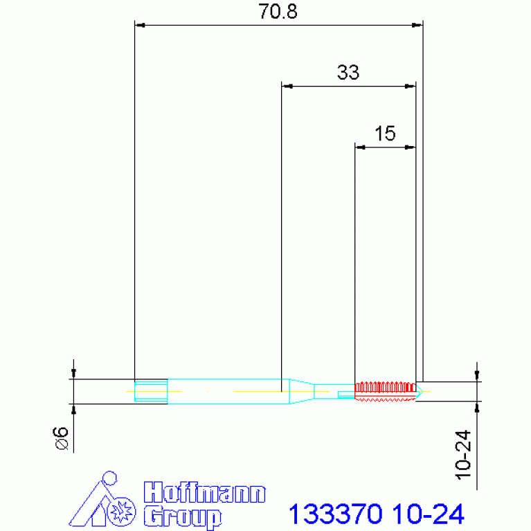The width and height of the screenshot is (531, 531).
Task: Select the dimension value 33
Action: point(348,73)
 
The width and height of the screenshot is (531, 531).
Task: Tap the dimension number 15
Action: point(385,133)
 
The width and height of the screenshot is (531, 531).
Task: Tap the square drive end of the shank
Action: point(151,390)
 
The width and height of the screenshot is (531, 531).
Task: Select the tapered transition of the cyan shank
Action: point(300,390)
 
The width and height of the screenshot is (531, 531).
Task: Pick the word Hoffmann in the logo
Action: point(204,494)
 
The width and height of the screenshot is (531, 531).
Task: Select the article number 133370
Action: point(335,514)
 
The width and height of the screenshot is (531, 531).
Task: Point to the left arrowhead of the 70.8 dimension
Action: point(139,26)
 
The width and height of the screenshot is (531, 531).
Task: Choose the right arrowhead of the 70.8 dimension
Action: point(417,26)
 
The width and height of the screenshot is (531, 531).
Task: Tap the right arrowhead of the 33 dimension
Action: point(411,87)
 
